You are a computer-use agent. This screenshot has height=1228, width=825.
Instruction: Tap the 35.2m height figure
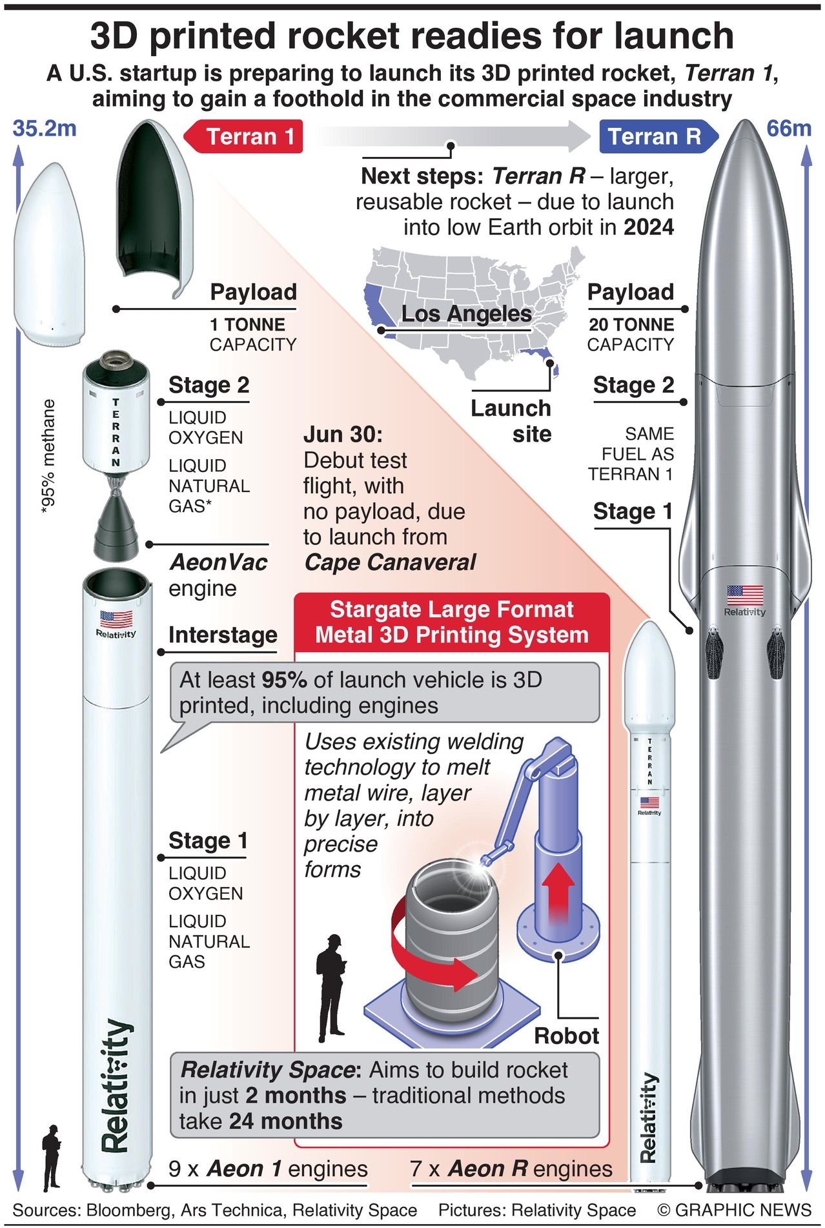tap(44, 128)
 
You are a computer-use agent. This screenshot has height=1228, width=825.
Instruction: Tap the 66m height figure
tap(788, 128)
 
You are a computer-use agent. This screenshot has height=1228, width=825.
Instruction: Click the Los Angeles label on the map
tap(466, 314)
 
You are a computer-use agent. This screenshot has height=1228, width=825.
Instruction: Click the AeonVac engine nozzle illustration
tap(116, 527)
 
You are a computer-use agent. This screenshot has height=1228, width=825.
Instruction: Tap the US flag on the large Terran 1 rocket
tap(116, 619)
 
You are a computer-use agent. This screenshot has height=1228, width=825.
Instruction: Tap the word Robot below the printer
tap(566, 1036)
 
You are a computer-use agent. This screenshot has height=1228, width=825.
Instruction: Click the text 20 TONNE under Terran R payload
tap(631, 325)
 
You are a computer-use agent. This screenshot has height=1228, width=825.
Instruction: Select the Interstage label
tap(223, 635)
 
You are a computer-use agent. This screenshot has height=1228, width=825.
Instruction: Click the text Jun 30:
tap(343, 435)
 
